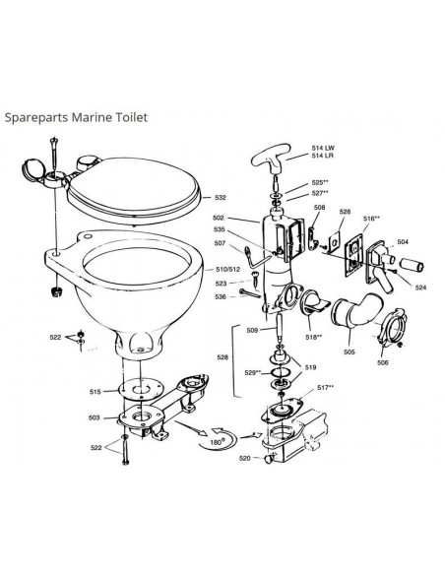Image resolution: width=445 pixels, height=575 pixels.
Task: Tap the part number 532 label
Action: tap(221, 198)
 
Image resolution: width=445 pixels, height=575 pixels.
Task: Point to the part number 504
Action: tap(402, 239)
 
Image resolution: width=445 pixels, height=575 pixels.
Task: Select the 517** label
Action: tap(324, 387)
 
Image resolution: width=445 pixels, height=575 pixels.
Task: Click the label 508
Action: tap(319, 208)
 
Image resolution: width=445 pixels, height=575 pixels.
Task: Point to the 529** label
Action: tap(252, 373)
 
